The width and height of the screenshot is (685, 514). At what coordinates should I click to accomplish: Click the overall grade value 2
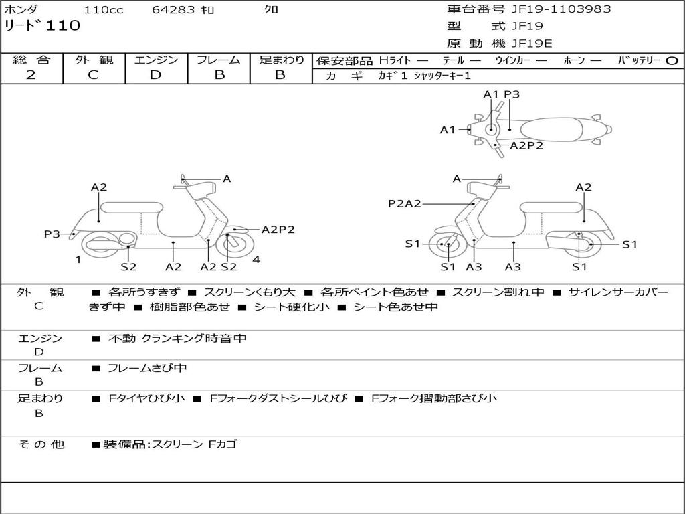pos(31,75)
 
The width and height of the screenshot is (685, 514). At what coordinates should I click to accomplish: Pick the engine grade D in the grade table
pos(155,75)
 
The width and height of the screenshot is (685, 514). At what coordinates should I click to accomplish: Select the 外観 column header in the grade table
pos(94,60)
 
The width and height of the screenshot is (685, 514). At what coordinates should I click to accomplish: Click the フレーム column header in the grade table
pos(219,60)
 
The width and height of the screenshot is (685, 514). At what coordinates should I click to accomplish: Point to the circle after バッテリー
pos(672,60)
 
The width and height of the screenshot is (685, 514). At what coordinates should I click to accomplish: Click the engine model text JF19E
pos(532,44)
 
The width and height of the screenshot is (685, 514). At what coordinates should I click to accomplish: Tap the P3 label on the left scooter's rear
pos(52,234)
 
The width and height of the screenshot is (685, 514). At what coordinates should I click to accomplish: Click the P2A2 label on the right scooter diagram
pos(405,203)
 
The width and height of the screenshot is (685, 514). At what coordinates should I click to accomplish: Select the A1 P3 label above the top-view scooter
pos(502,94)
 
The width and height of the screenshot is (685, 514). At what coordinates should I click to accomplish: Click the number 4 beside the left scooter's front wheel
pos(256,259)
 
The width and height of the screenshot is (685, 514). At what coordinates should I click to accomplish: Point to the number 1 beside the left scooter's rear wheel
pos(78,259)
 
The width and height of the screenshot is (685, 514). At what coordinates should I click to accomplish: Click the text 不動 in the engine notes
pos(122,339)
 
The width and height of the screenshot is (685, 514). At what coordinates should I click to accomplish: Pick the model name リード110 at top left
pos(43,26)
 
